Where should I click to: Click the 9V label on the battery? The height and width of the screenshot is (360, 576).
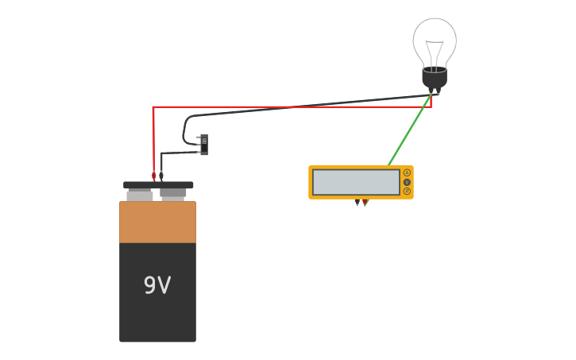point(157,285)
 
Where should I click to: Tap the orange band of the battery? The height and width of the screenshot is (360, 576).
point(157,223)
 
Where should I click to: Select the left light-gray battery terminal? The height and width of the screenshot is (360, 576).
point(140,195)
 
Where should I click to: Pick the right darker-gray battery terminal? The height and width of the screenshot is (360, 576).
point(173,193)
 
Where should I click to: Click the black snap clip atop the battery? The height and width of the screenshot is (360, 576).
point(158,185)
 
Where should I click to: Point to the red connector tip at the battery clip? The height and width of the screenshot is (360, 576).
point(154,176)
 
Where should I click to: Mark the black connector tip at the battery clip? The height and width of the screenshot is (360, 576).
point(161,176)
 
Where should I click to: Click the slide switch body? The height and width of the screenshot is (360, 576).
point(204,144)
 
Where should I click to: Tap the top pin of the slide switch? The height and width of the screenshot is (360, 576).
point(198,137)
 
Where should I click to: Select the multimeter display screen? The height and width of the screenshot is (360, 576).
point(356,182)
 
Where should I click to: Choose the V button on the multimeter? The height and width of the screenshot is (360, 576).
point(407,182)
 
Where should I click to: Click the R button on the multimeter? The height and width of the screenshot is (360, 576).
point(407,192)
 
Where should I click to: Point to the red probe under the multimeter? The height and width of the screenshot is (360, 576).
point(365,203)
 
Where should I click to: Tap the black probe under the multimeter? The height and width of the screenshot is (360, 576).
point(358,203)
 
